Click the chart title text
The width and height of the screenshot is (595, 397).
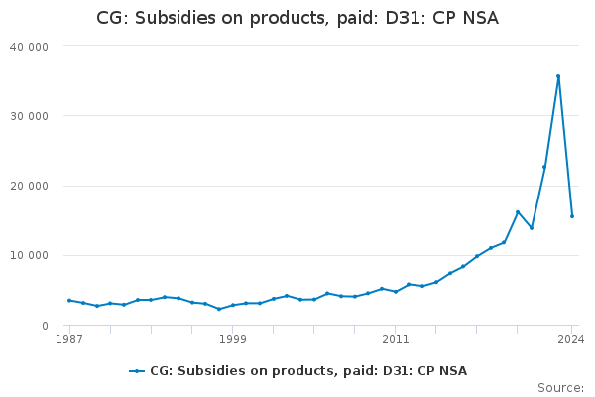(x=297, y=18)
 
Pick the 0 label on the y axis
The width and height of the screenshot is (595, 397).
(x=45, y=326)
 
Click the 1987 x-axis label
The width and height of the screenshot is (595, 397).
(x=69, y=339)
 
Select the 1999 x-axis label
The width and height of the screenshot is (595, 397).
(x=232, y=339)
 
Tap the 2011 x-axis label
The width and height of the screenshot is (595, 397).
(x=395, y=339)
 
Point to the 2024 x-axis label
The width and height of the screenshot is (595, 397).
(x=571, y=339)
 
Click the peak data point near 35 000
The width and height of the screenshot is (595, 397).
(x=558, y=76)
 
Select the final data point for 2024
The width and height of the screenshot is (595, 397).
(x=572, y=216)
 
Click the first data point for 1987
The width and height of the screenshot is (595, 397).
(x=69, y=300)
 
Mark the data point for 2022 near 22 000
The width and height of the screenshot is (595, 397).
(x=544, y=167)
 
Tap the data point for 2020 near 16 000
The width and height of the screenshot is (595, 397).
(x=518, y=211)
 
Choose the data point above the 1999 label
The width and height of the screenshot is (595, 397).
(x=232, y=305)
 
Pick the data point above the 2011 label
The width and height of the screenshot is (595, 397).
(x=395, y=291)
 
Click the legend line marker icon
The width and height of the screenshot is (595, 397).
(x=137, y=371)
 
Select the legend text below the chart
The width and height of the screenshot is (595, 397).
(x=308, y=371)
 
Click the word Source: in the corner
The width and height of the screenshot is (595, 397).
(x=560, y=387)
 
